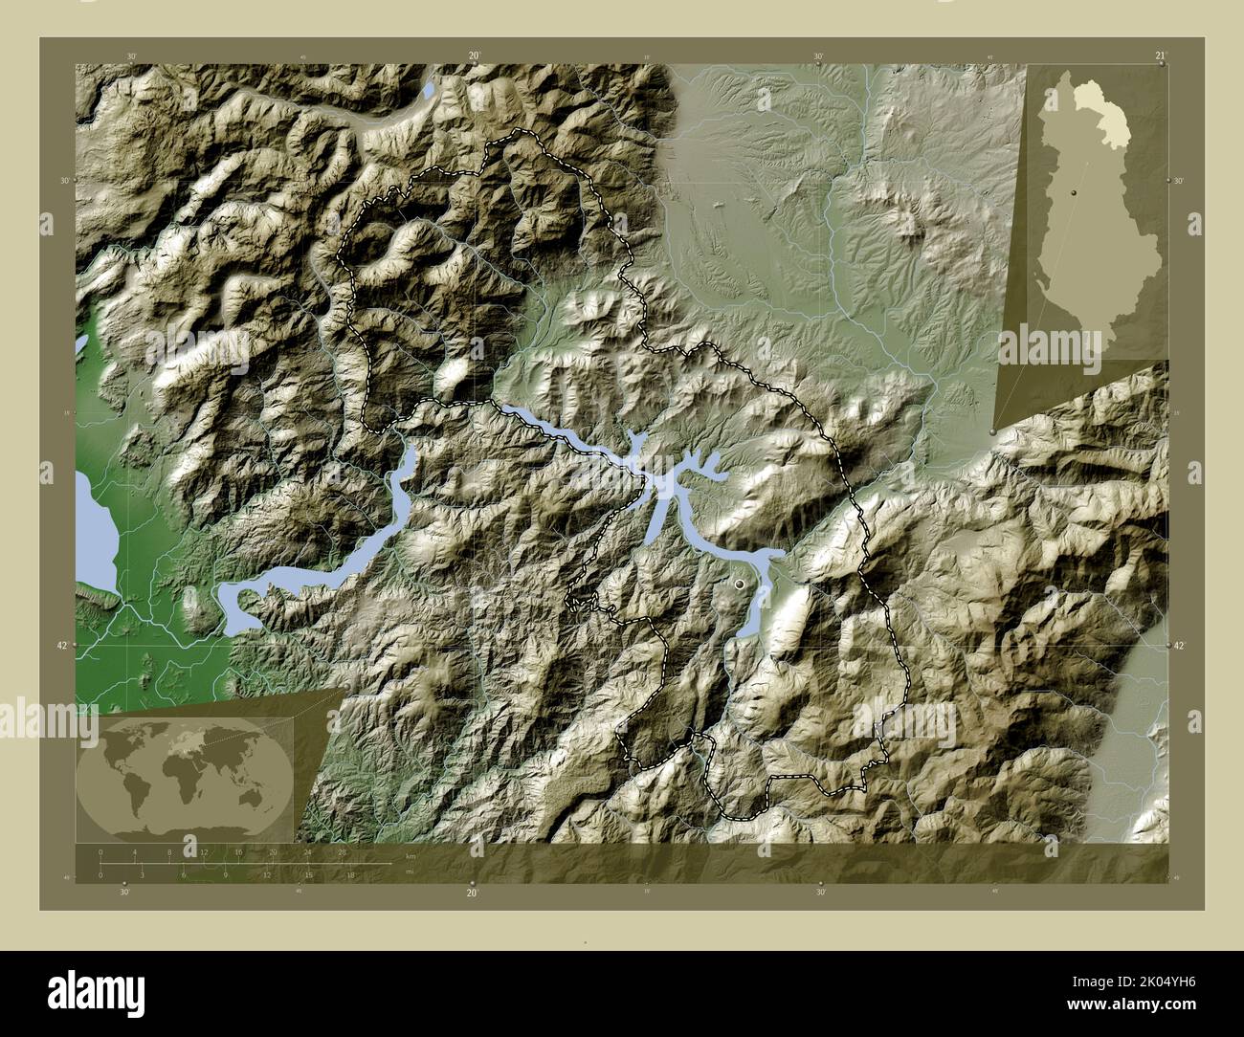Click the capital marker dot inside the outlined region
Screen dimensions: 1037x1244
739,582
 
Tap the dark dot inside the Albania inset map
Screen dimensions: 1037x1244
1075,192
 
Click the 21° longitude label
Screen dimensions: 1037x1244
1160,56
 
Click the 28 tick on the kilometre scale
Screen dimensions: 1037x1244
342,851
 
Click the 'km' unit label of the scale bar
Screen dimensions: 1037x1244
411,856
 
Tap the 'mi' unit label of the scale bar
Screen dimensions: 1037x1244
409,872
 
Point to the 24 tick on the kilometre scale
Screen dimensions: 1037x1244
307,851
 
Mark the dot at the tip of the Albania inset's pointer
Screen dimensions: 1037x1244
992,434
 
